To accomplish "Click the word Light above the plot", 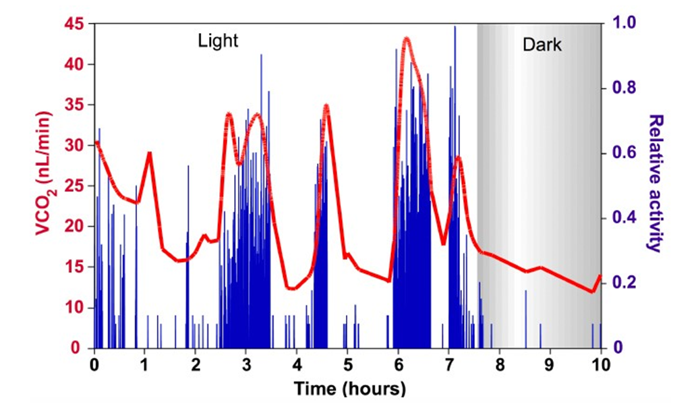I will pyautogui.click(x=218, y=41).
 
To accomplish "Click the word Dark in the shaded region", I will pyautogui.click(x=542, y=45).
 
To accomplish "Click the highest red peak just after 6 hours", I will pyautogui.click(x=406, y=38).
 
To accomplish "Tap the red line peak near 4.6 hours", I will pyautogui.click(x=326, y=106).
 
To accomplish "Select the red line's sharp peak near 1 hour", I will pyautogui.click(x=150, y=153).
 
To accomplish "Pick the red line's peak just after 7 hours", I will pyautogui.click(x=459, y=158).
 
